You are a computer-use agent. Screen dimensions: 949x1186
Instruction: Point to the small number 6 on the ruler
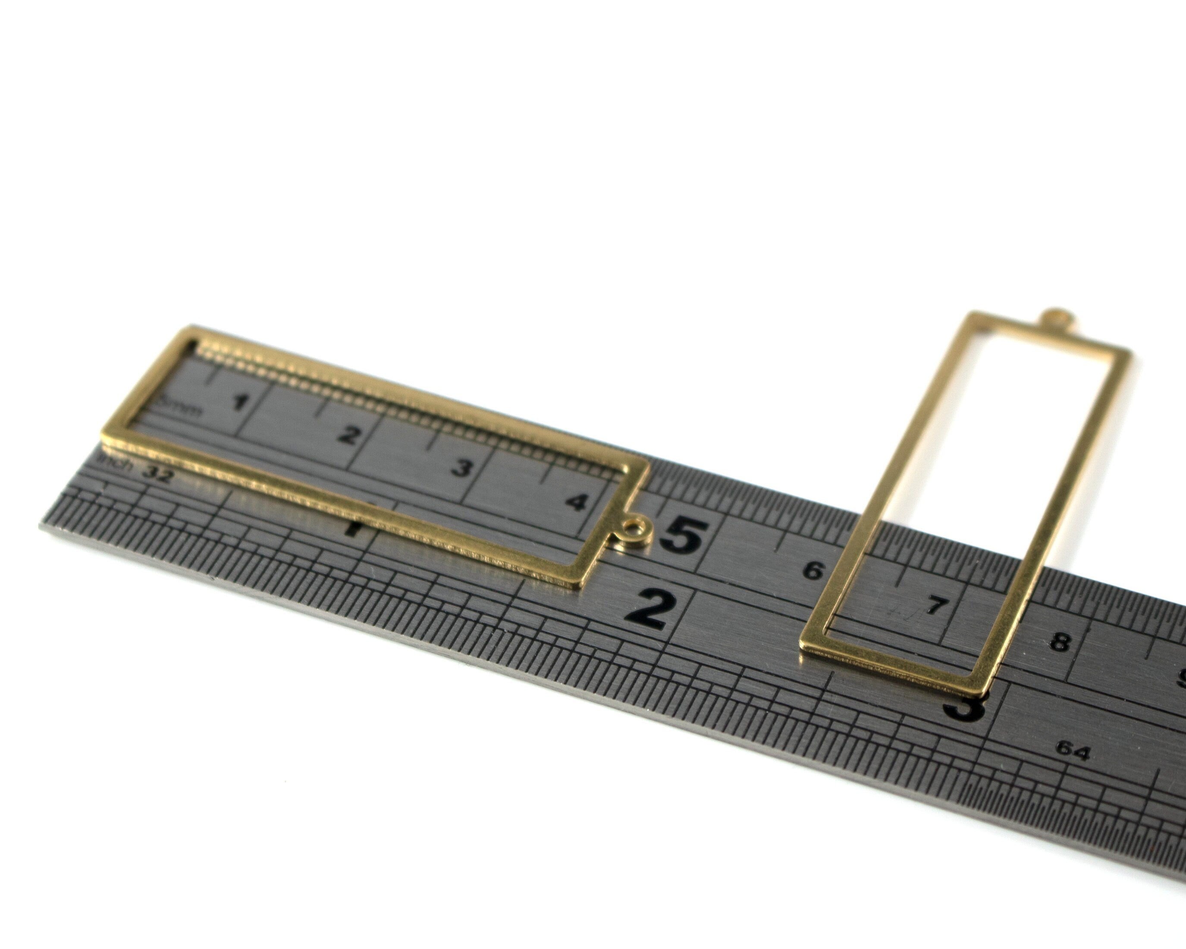(813, 571)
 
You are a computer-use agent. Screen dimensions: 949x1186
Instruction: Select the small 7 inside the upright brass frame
(935, 606)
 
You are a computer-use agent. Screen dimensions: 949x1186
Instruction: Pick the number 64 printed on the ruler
(1072, 751)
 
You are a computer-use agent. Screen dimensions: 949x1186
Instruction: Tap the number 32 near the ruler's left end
(158, 474)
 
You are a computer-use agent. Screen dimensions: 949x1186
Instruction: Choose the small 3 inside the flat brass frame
(461, 468)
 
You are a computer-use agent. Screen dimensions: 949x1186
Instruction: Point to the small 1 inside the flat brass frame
(239, 402)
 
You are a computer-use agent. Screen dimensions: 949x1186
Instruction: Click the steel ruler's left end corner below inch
(42, 527)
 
